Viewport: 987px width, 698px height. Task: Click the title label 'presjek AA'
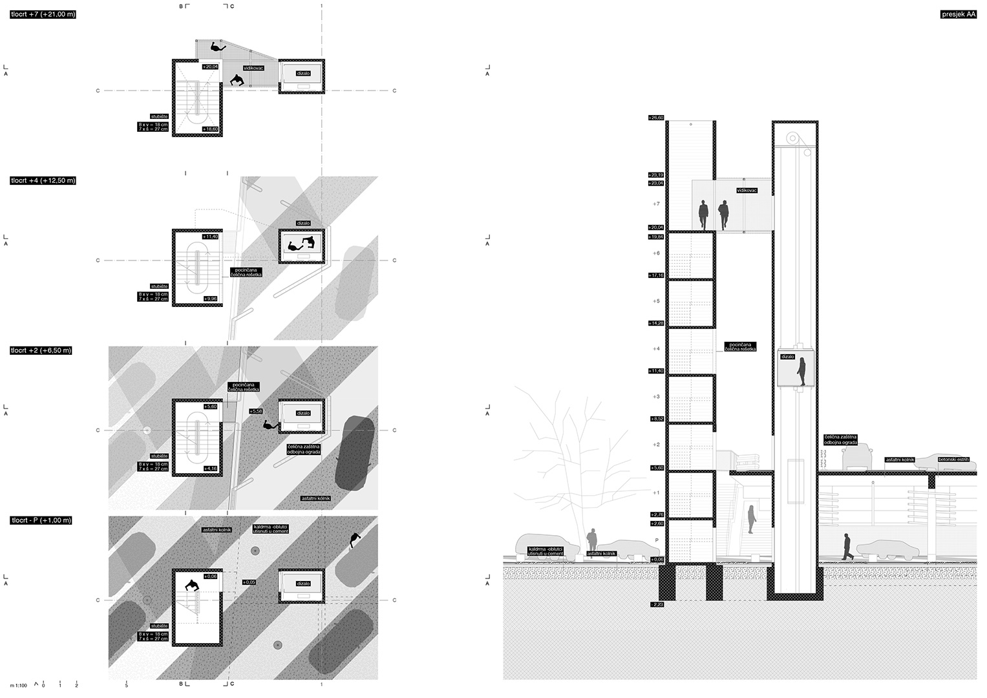click(958, 14)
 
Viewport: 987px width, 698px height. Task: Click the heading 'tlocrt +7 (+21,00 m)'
click(43, 14)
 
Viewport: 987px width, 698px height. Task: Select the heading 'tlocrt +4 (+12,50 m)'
click(43, 180)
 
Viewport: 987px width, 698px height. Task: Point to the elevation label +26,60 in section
click(656, 118)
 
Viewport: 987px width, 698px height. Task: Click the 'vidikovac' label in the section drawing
click(746, 191)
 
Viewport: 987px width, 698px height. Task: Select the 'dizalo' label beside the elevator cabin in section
click(787, 356)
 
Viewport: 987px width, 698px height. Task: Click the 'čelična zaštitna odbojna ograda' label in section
click(840, 440)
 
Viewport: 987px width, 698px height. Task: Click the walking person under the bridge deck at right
click(847, 547)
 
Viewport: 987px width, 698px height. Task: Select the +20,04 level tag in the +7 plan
click(211, 67)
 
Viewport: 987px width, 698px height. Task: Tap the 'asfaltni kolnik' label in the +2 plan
click(316, 498)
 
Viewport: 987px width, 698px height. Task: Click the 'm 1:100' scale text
click(18, 684)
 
